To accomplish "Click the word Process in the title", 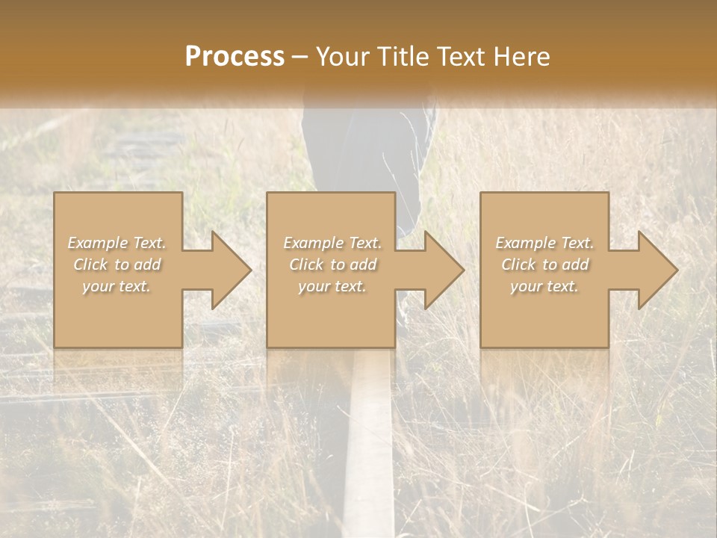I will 235,57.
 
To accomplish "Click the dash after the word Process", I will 300,58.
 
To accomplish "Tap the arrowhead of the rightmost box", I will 657,270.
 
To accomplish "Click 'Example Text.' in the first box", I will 117,243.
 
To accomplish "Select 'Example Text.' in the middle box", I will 332,243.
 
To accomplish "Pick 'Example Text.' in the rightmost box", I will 544,243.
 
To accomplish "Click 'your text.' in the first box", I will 117,286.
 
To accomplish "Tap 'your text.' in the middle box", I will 332,286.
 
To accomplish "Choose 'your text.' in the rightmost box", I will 544,286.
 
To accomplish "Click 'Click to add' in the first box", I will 117,265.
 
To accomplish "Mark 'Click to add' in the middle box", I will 332,265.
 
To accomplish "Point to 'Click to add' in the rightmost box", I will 544,265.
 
